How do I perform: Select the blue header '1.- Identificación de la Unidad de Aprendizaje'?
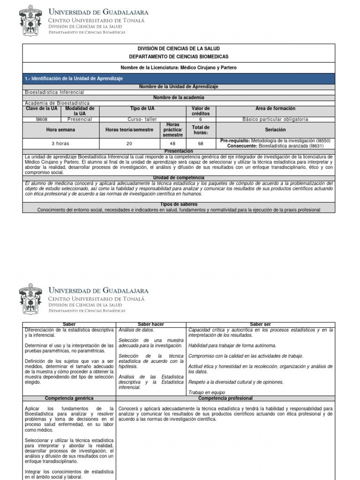click(x=74, y=79)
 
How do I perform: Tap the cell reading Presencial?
click(x=80, y=120)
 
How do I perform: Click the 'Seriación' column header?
click(x=275, y=130)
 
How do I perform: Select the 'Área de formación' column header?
click(x=275, y=109)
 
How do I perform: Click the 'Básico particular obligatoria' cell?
click(x=275, y=120)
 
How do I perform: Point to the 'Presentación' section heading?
click(x=179, y=151)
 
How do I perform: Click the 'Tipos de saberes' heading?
click(x=179, y=204)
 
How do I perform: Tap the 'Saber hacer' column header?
click(x=150, y=324)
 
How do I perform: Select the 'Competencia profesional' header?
click(x=225, y=398)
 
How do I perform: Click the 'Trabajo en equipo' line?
click(x=206, y=392)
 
